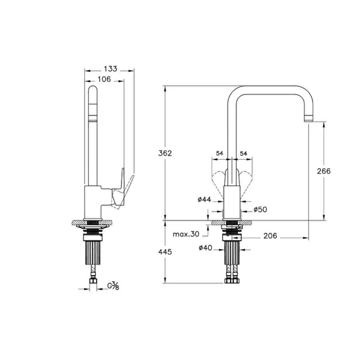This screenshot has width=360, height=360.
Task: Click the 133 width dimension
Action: tap(111, 69)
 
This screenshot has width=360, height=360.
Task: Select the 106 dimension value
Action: tap(104, 79)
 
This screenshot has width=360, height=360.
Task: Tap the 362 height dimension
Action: tap(165, 153)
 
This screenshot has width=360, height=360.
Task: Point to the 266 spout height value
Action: tap(324, 171)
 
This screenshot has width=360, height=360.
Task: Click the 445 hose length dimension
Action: tap(165, 252)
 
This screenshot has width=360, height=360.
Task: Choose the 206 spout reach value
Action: tap(270, 236)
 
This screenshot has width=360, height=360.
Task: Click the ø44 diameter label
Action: tap(204, 199)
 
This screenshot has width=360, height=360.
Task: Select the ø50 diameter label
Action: tap(260, 210)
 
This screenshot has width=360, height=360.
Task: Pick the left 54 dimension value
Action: tap(220, 153)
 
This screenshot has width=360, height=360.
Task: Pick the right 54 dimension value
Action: tap(244, 153)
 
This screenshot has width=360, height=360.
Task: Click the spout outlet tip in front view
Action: tap(308, 119)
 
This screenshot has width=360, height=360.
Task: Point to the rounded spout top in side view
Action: tap(93, 92)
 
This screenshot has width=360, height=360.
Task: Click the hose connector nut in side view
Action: tap(93, 281)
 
